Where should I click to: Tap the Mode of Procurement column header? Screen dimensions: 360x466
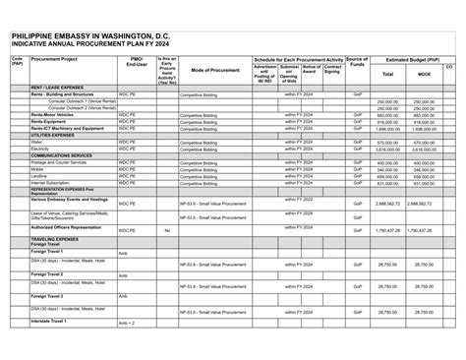point(215,71)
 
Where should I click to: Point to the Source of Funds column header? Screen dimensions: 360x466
point(357,62)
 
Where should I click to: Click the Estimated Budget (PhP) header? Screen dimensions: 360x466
point(412,59)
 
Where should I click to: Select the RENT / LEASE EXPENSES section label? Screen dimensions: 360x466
point(57,88)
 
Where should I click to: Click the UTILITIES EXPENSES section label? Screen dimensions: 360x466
point(55,135)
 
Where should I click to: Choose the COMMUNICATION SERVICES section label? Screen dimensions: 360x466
point(61,154)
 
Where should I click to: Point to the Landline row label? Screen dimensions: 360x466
point(39,175)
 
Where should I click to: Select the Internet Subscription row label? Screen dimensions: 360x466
point(50,182)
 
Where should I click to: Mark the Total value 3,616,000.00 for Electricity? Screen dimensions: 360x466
point(386,149)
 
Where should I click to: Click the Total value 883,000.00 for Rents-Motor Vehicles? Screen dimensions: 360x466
point(387,115)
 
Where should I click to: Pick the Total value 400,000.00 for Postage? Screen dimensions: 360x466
point(387,162)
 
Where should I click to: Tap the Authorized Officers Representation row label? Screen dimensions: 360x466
point(66,227)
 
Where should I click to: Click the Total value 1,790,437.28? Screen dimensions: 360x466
point(386,230)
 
